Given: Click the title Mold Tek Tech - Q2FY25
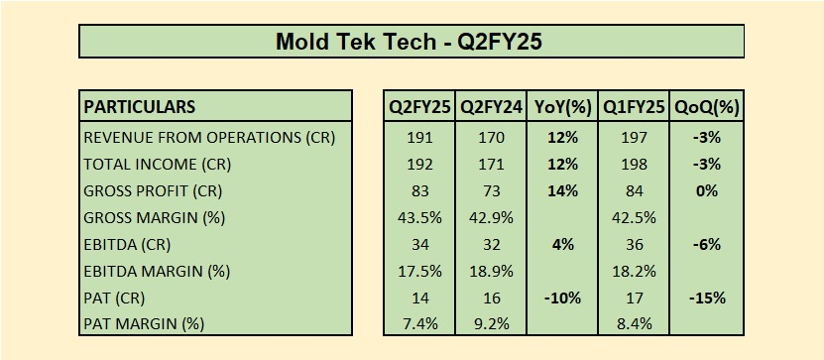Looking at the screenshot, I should pos(410,42).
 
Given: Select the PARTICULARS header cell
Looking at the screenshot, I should pos(140,107).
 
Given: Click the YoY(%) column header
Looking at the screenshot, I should pos(562,107).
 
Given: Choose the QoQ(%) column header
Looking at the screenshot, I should pos(706,107).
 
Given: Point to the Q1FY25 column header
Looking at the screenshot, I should pos(635,107).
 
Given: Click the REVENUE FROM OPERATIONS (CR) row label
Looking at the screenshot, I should pos(209,138).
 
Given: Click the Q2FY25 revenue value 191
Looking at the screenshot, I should pos(420,138).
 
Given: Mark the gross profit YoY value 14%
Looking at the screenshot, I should pos(562,191).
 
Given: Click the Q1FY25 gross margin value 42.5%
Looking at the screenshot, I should pos(635,217).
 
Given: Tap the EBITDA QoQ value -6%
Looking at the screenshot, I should pos(706,244).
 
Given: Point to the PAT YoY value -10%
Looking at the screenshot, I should pos(562,298).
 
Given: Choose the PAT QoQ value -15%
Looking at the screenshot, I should pos(706,298).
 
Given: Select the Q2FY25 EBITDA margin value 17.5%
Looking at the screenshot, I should pos(420,271).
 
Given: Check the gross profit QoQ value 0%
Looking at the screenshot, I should pos(706,191).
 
